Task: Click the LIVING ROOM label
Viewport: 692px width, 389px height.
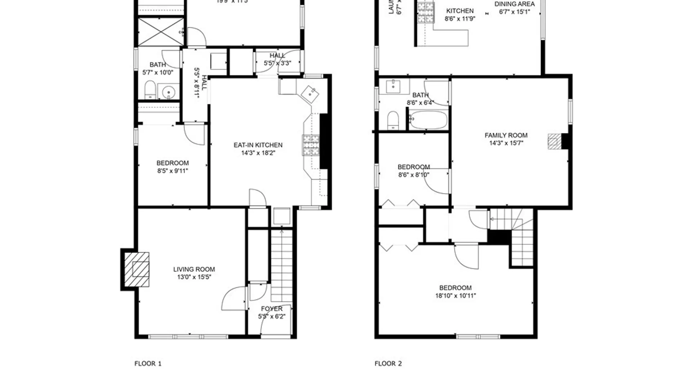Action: coord(194,269)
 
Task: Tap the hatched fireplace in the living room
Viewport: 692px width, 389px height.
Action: coord(137,269)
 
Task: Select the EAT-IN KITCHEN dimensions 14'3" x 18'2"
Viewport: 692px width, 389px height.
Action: coord(258,153)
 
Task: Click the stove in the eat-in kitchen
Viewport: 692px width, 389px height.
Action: coord(311,145)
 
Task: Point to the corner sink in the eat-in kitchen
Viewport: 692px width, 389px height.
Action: coord(310,94)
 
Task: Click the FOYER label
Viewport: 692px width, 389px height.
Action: coord(272,309)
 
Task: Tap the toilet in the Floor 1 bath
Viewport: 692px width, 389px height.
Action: coord(150,90)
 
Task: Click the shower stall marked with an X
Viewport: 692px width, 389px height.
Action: coord(161,32)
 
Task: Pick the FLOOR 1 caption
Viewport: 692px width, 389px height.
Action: coord(148,363)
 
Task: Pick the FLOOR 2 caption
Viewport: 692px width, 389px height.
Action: coord(388,363)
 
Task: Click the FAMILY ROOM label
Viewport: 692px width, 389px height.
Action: coord(506,135)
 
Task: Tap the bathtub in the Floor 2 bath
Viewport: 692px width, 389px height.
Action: coord(428,120)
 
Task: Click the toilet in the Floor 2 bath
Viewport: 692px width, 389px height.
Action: coord(393,120)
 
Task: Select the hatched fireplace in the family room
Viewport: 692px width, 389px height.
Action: coord(555,141)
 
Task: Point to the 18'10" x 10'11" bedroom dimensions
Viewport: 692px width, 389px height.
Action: coord(455,296)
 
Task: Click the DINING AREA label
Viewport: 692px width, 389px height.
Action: coord(514,4)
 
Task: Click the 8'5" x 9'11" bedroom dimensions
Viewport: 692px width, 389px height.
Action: coord(172,171)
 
